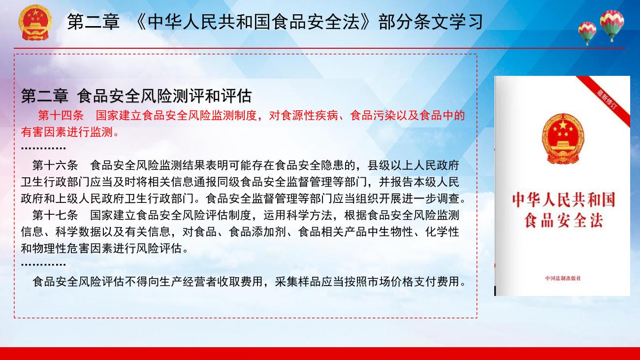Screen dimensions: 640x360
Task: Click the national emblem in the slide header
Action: click(x=35, y=22)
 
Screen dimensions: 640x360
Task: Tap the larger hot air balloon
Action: click(x=612, y=25)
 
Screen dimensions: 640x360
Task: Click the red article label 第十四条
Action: click(x=61, y=115)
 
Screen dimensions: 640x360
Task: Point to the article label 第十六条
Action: click(x=55, y=165)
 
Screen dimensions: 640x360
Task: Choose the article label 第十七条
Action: click(x=55, y=215)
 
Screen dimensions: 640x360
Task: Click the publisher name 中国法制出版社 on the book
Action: click(x=563, y=278)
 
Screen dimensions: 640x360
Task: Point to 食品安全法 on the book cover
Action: click(x=563, y=220)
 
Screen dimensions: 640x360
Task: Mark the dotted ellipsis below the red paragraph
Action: click(x=43, y=148)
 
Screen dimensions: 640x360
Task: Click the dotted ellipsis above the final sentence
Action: click(x=43, y=264)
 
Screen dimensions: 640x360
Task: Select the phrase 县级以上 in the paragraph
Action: click(x=390, y=165)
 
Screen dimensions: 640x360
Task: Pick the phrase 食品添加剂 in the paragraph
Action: click(x=257, y=232)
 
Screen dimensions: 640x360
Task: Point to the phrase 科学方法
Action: click(x=310, y=215)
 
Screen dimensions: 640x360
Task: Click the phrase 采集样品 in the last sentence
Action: click(x=298, y=282)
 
